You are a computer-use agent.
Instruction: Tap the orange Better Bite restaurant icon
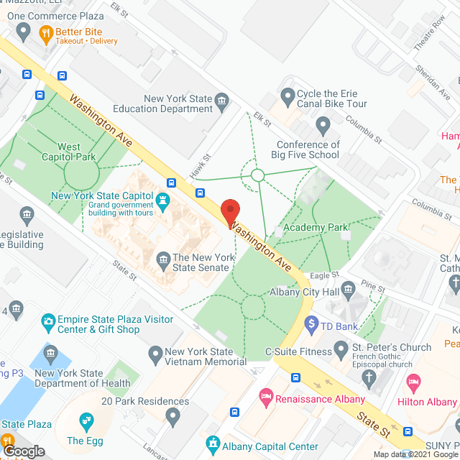coord(45,32)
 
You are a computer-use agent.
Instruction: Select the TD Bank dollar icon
coord(311,325)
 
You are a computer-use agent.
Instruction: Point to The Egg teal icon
coord(86,420)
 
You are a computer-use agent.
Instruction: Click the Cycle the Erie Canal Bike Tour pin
coord(287,95)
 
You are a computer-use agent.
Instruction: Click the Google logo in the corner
coord(23,451)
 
